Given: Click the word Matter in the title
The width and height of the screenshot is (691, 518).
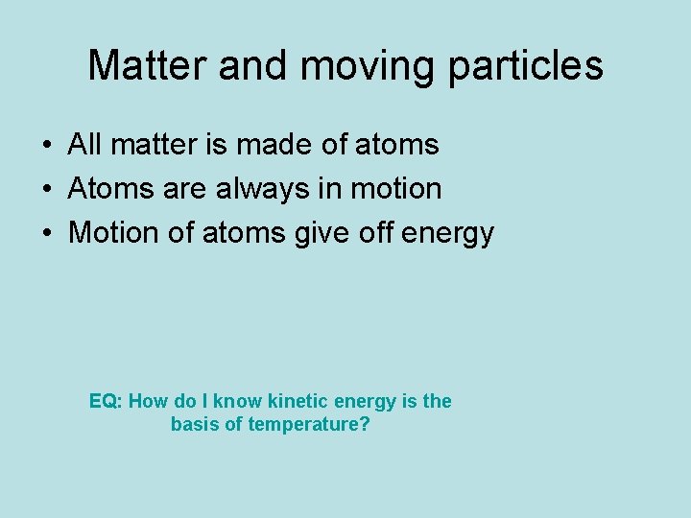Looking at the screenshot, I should [147, 65].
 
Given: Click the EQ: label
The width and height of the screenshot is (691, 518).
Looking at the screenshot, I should [106, 401].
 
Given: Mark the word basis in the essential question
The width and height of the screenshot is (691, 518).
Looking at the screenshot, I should [194, 424].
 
